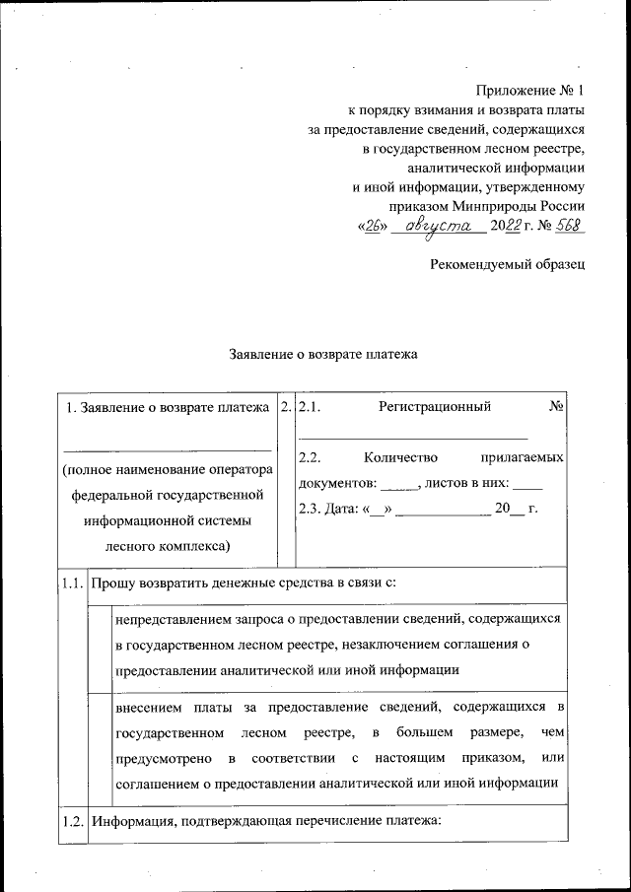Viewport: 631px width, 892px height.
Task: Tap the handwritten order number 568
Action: click(x=570, y=226)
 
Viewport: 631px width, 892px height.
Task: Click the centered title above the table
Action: click(x=324, y=353)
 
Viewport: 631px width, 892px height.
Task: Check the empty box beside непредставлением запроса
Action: click(x=100, y=646)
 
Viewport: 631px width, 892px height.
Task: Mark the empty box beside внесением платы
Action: click(x=100, y=746)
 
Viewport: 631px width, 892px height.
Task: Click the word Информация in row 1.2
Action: click(x=132, y=822)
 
